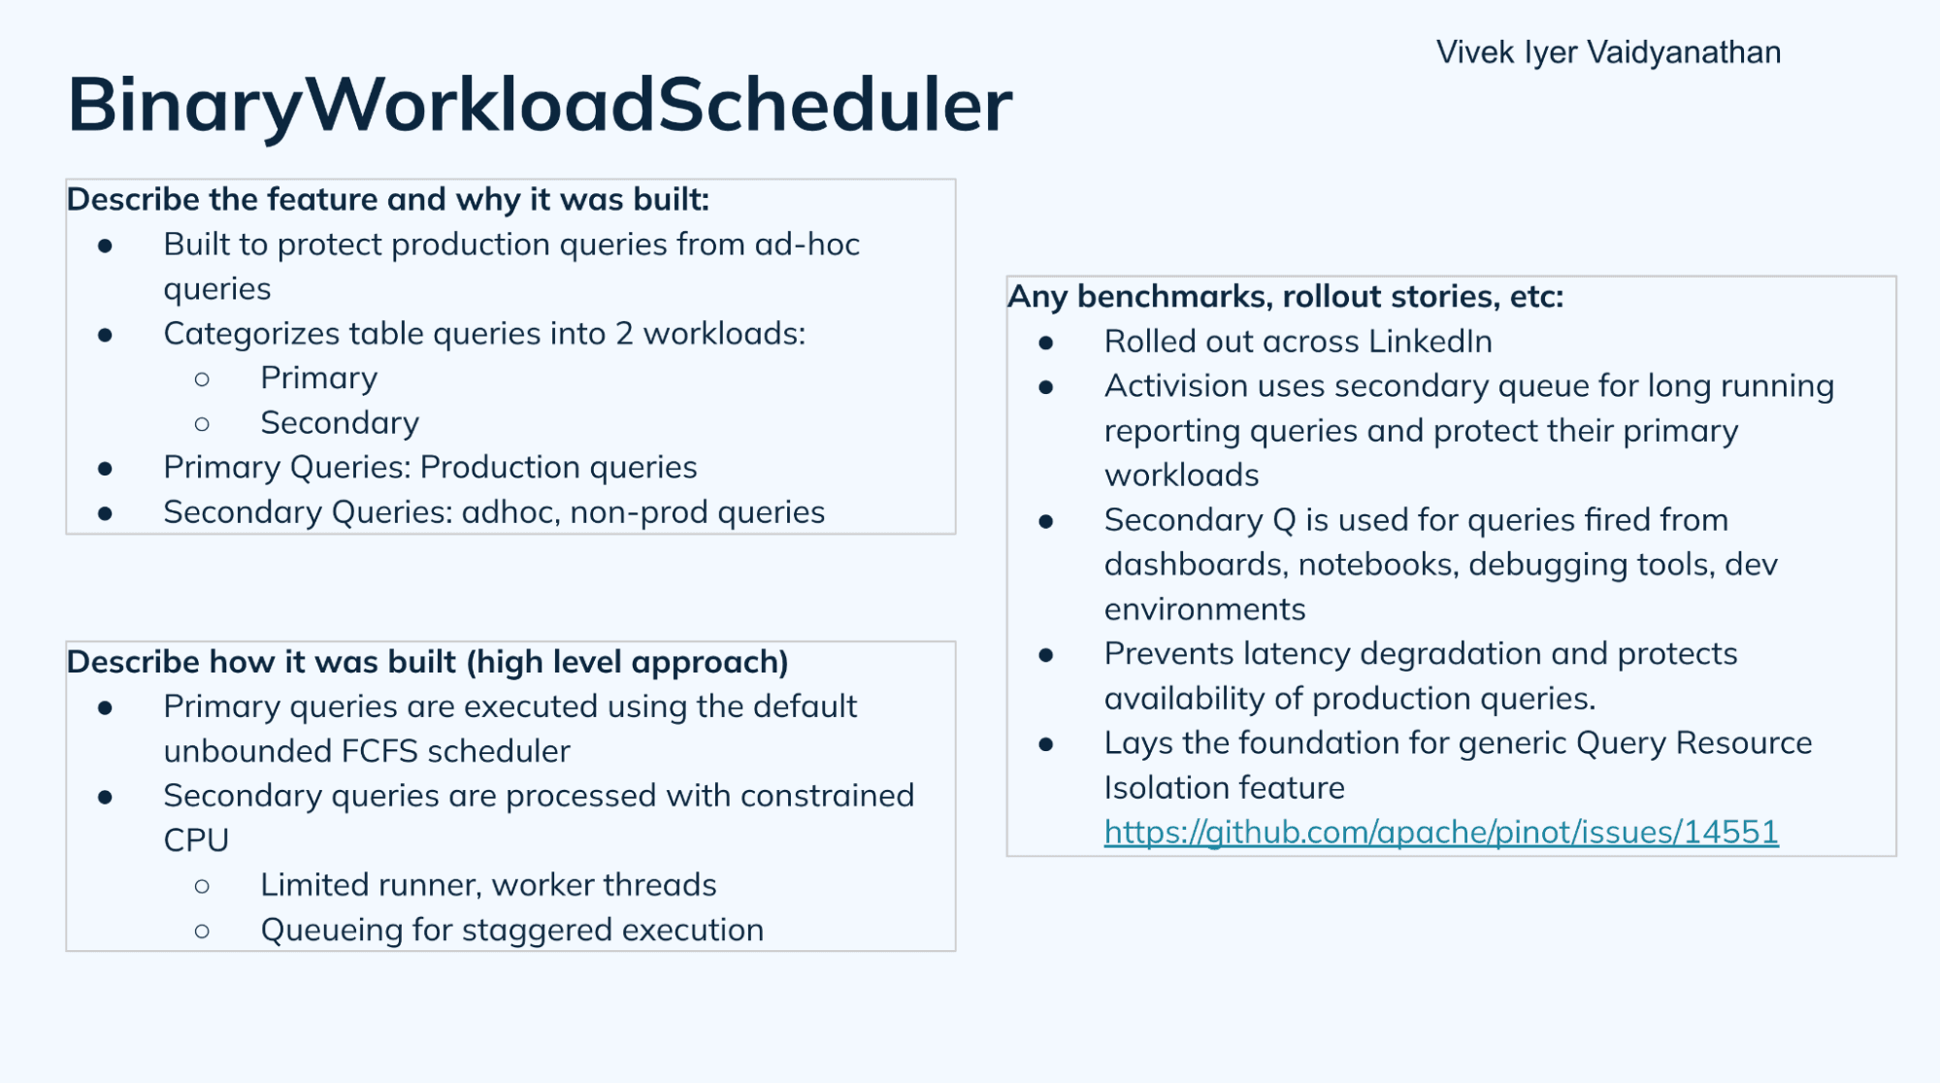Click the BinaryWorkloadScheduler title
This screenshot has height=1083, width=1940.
[x=540, y=105]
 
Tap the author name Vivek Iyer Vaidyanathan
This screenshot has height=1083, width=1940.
[x=1608, y=52]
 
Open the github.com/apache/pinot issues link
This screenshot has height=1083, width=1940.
[x=1440, y=833]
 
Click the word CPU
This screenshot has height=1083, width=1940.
[x=196, y=840]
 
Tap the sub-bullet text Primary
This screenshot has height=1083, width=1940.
[x=318, y=378]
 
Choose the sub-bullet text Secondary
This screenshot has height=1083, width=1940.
[x=340, y=423]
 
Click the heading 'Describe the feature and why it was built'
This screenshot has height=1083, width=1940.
[x=388, y=200]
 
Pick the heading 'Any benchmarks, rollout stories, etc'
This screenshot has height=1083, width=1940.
[x=1285, y=297]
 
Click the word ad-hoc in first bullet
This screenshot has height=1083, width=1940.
[x=807, y=245]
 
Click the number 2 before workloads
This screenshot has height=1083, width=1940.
[x=624, y=334]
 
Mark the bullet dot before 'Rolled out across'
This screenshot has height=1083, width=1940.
[x=1046, y=343]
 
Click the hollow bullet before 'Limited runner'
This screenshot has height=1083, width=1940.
[x=202, y=886]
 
